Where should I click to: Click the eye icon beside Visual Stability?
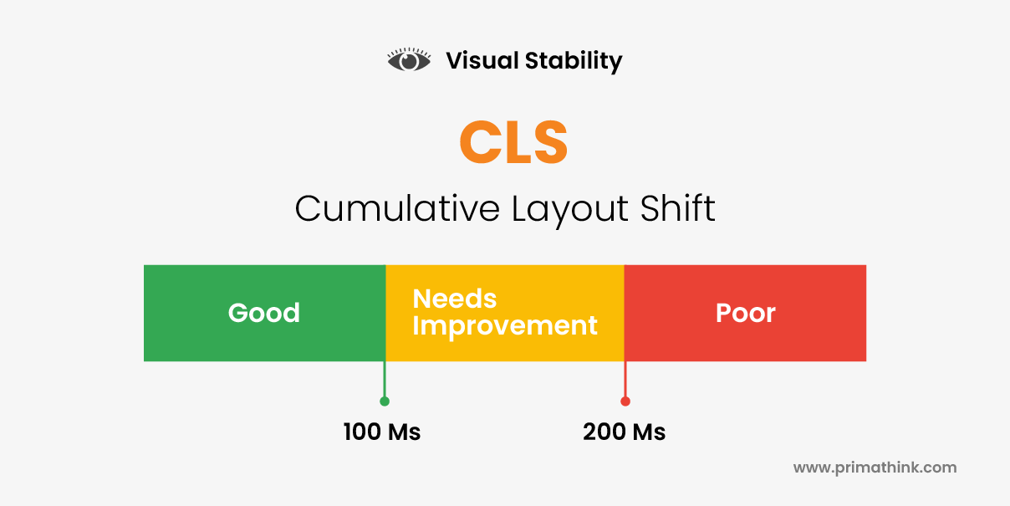[409, 59]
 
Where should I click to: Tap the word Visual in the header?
[482, 60]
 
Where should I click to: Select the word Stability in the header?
[574, 61]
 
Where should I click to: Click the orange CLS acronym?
[513, 141]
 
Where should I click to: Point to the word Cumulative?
[397, 208]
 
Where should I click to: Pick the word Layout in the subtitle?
[570, 210]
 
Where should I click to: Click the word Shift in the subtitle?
[678, 208]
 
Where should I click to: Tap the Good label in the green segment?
[263, 313]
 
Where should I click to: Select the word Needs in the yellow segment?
[455, 299]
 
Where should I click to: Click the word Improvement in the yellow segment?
[505, 325]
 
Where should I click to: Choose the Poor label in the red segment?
[746, 313]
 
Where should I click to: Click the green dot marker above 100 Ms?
[385, 401]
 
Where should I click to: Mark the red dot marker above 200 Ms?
[625, 401]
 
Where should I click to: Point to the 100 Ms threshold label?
[382, 432]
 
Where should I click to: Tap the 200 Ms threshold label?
[624, 432]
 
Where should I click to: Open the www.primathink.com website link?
[875, 468]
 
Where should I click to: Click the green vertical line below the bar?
[385, 379]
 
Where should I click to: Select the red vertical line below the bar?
[625, 379]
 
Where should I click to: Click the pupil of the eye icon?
[409, 61]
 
